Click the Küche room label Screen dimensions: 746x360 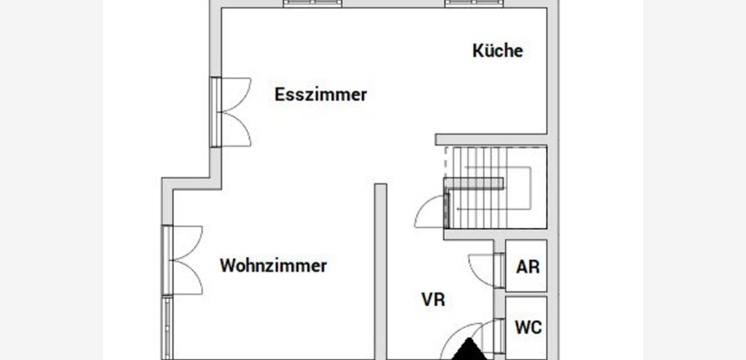(497, 51)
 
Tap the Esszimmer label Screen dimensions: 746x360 (321, 94)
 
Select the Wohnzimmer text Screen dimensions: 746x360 (273, 266)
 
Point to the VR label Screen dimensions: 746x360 (433, 300)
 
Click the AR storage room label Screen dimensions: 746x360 (527, 267)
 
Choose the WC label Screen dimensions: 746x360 (528, 327)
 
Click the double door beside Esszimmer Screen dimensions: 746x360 (231, 111)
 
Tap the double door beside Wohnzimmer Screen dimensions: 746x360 (183, 260)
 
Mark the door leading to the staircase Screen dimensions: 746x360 (432, 211)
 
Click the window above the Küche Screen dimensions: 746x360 (474, 3)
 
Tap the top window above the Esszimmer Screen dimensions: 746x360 (313, 3)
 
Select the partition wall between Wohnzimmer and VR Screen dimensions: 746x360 (380, 272)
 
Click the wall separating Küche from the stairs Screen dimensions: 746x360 (491, 140)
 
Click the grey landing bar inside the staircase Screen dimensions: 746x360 (474, 183)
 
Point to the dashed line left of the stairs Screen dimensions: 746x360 (446, 162)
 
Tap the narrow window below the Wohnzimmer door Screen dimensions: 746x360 (166, 327)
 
